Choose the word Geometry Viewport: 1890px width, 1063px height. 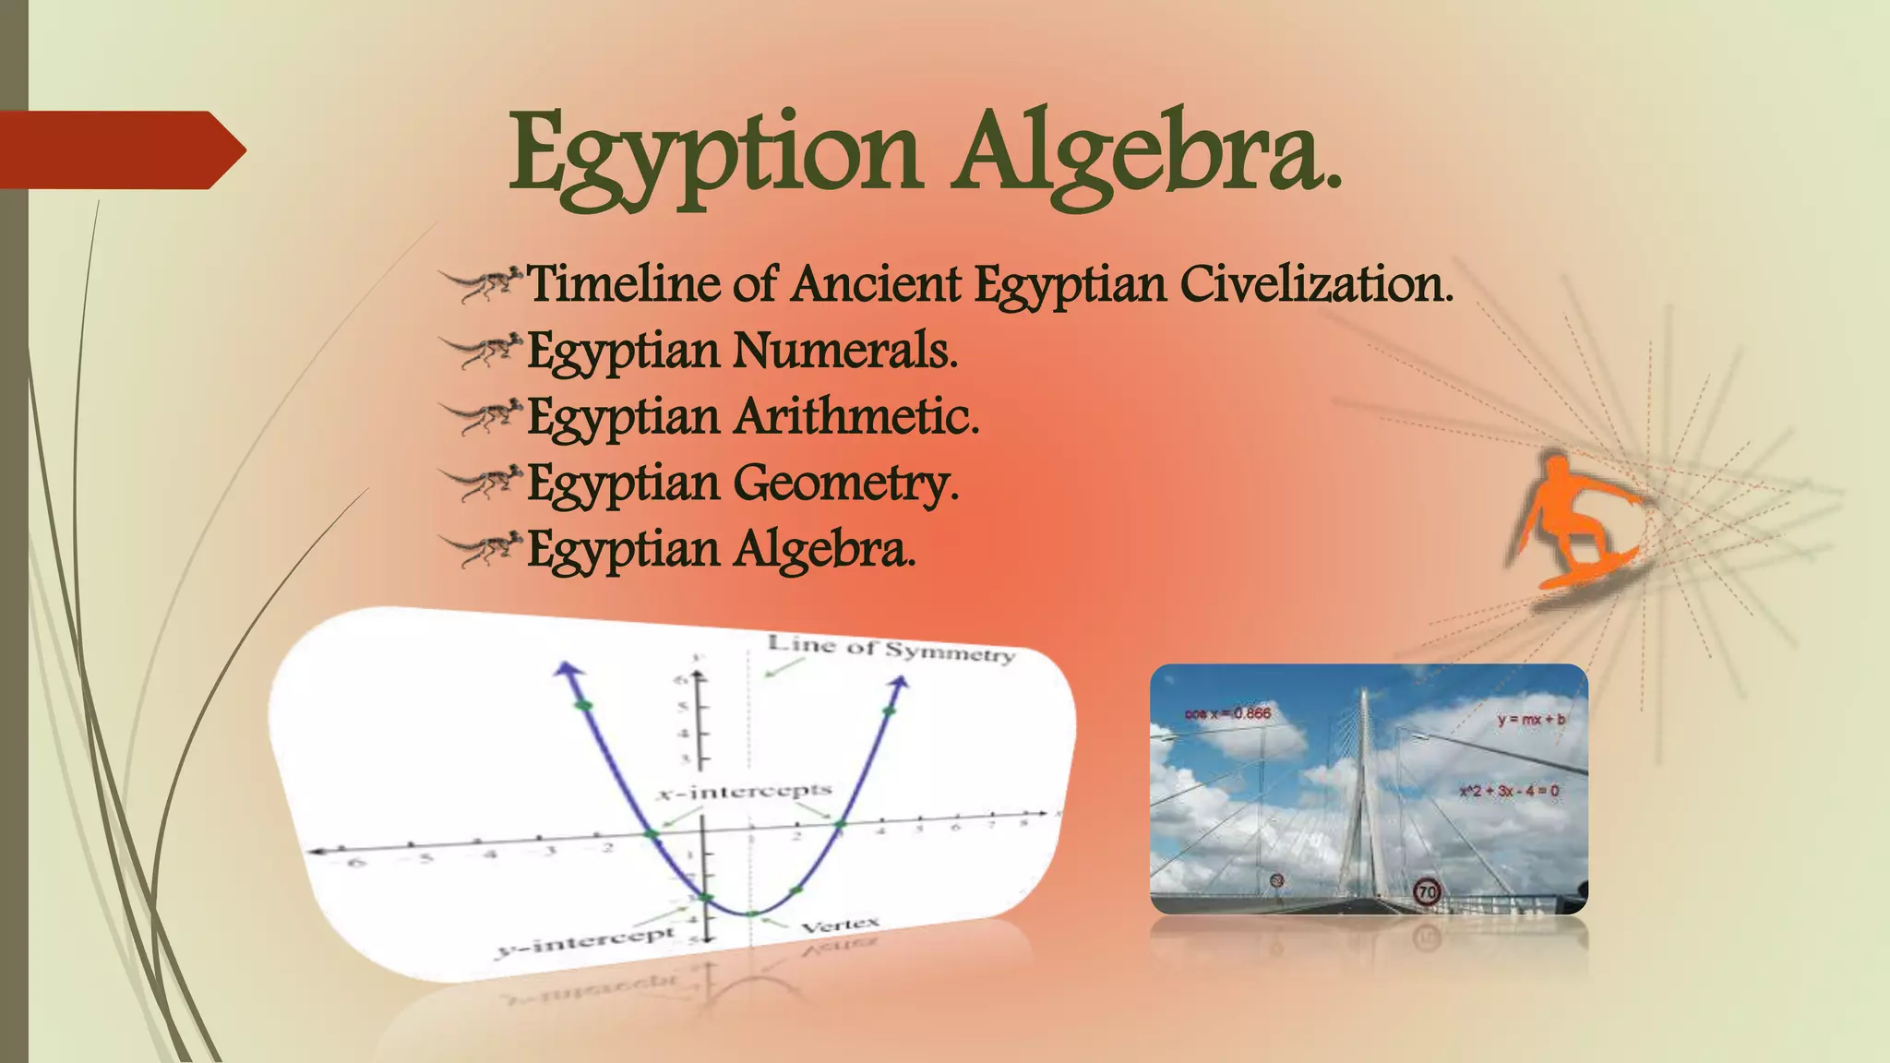click(846, 484)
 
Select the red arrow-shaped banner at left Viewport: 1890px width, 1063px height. click(120, 149)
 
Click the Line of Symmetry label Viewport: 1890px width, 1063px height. click(891, 649)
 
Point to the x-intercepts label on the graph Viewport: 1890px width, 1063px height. click(746, 792)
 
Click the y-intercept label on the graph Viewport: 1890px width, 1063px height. click(587, 941)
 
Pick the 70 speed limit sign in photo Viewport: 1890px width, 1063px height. click(1427, 891)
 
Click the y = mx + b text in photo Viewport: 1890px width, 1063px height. click(1531, 719)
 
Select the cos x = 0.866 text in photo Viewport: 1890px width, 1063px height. click(1227, 713)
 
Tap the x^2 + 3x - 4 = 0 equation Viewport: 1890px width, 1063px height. click(1509, 791)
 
